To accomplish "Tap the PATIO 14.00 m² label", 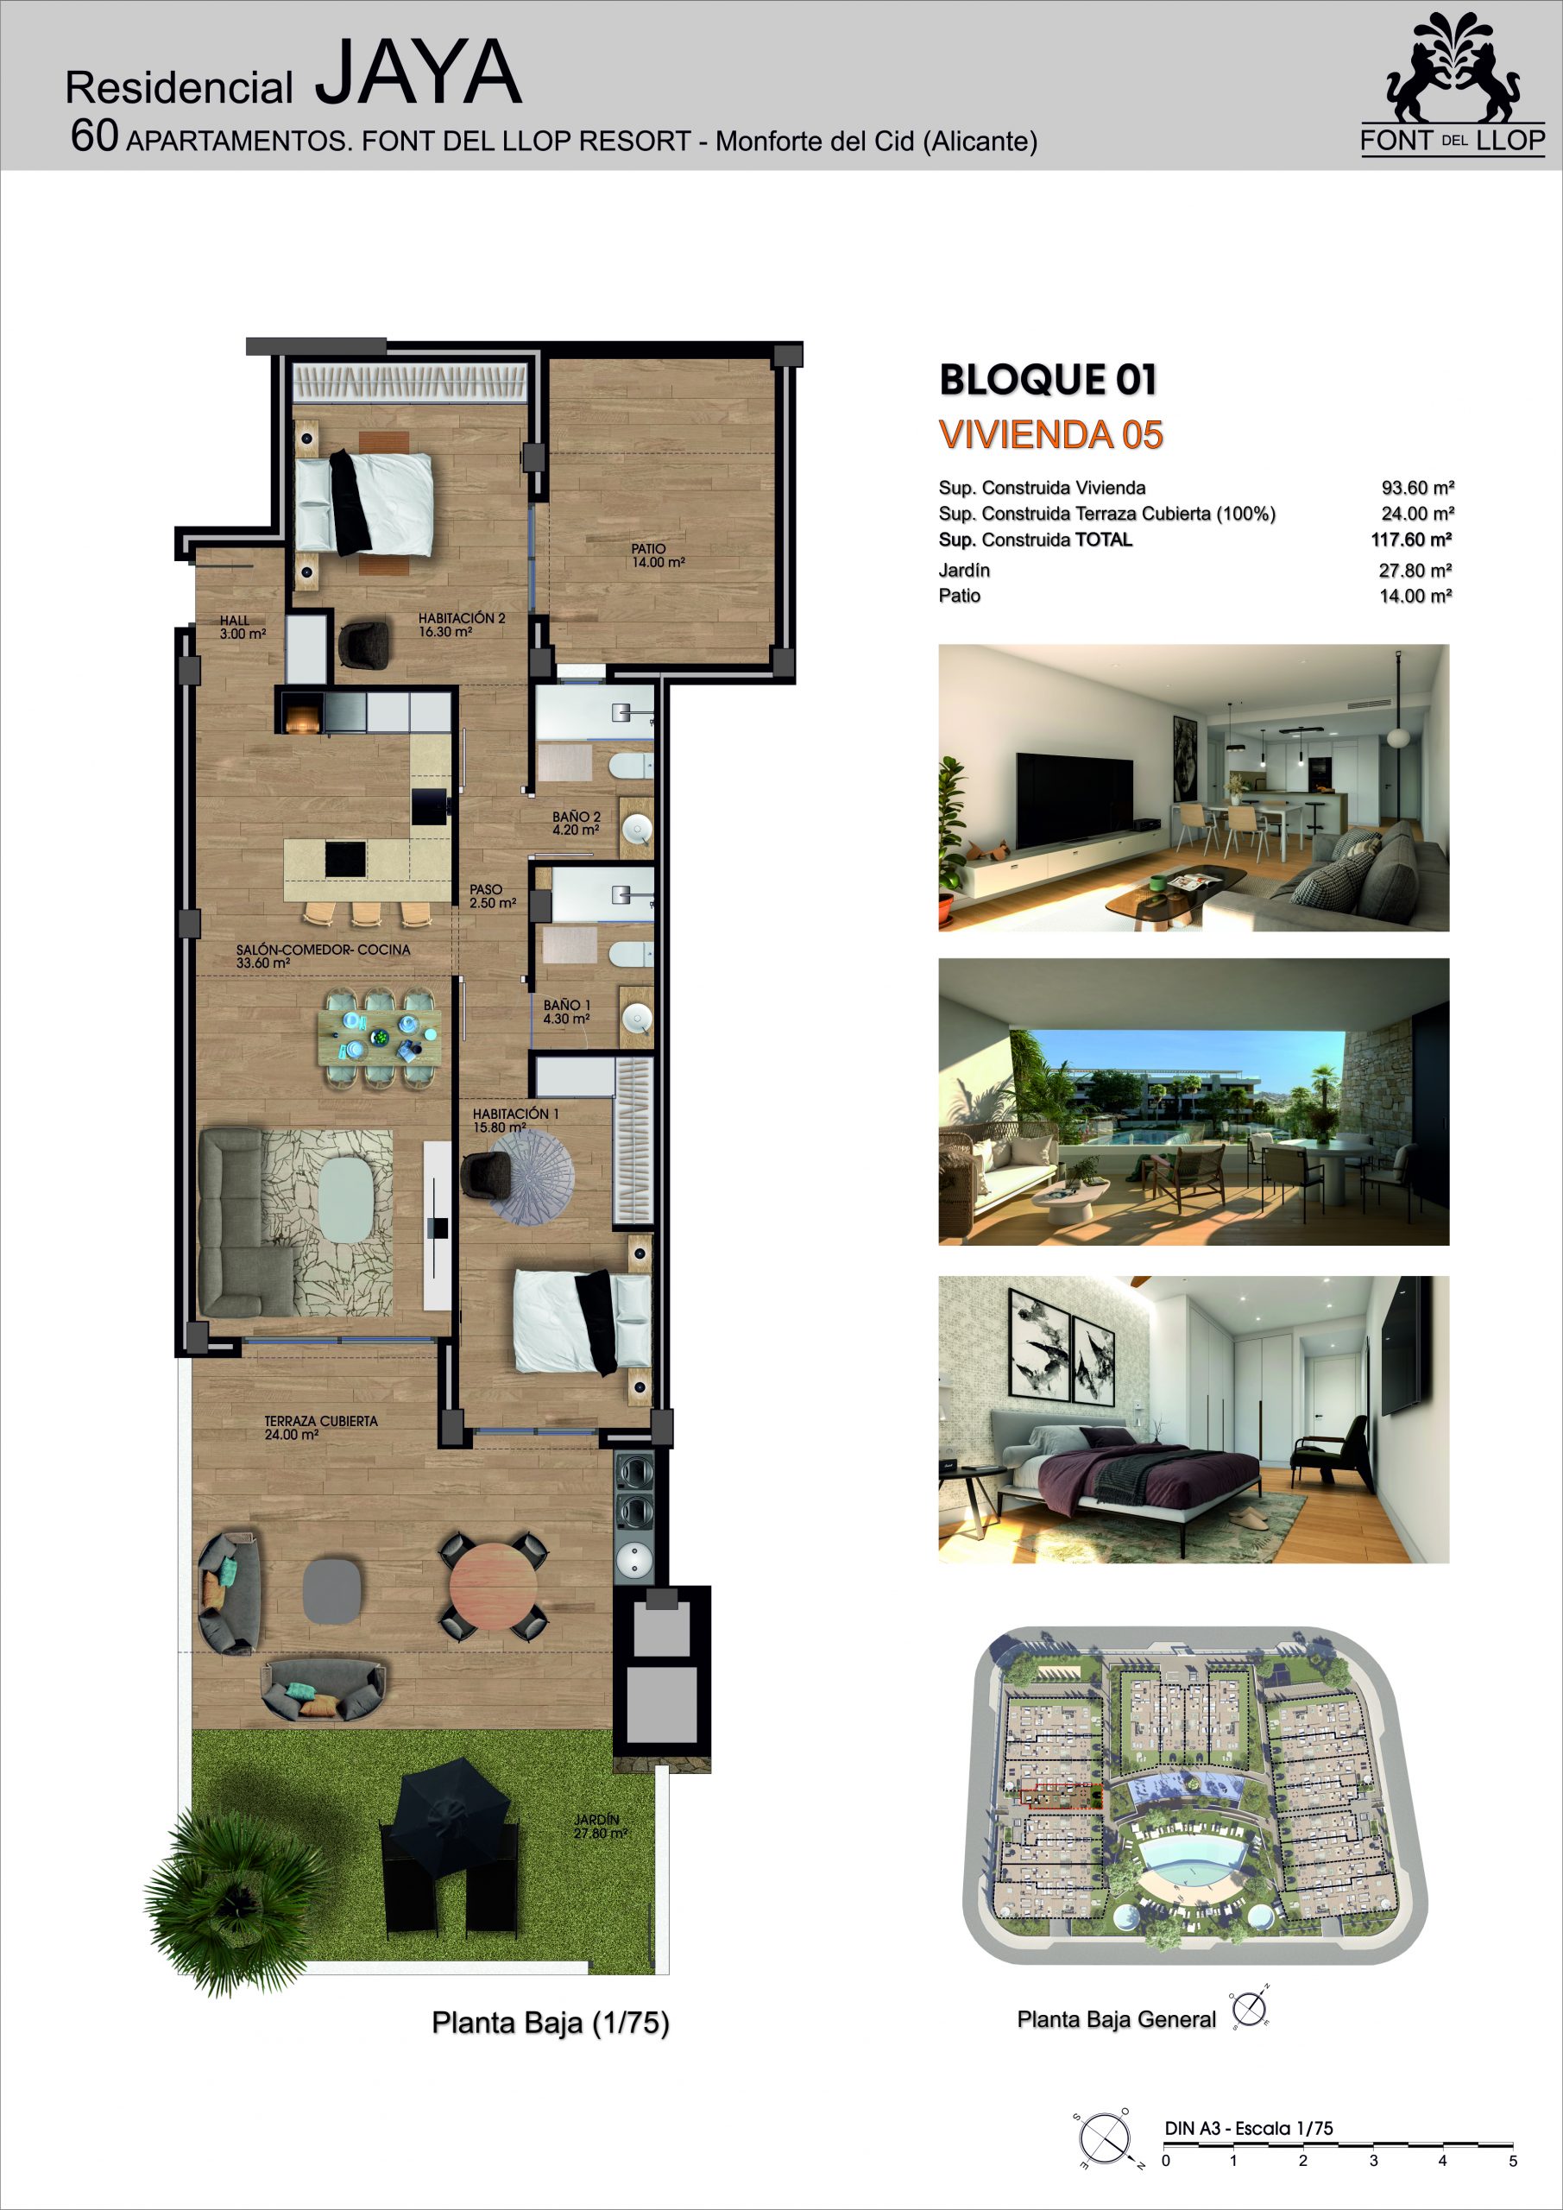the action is (x=659, y=555).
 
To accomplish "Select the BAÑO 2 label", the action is (x=576, y=823).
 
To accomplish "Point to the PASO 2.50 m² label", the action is (x=493, y=896).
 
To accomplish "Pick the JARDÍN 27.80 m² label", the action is (x=601, y=1827).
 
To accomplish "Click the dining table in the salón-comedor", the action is (x=380, y=1037).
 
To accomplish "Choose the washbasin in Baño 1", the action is (x=637, y=1019).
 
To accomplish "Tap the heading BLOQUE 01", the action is (x=1048, y=379).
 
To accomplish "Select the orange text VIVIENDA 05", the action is (x=1051, y=435).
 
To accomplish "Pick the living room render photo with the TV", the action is (x=1194, y=787).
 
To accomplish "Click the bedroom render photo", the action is (x=1194, y=1420).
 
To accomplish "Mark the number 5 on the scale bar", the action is (x=1513, y=2161).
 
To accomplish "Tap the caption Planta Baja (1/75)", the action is (x=551, y=2023).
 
